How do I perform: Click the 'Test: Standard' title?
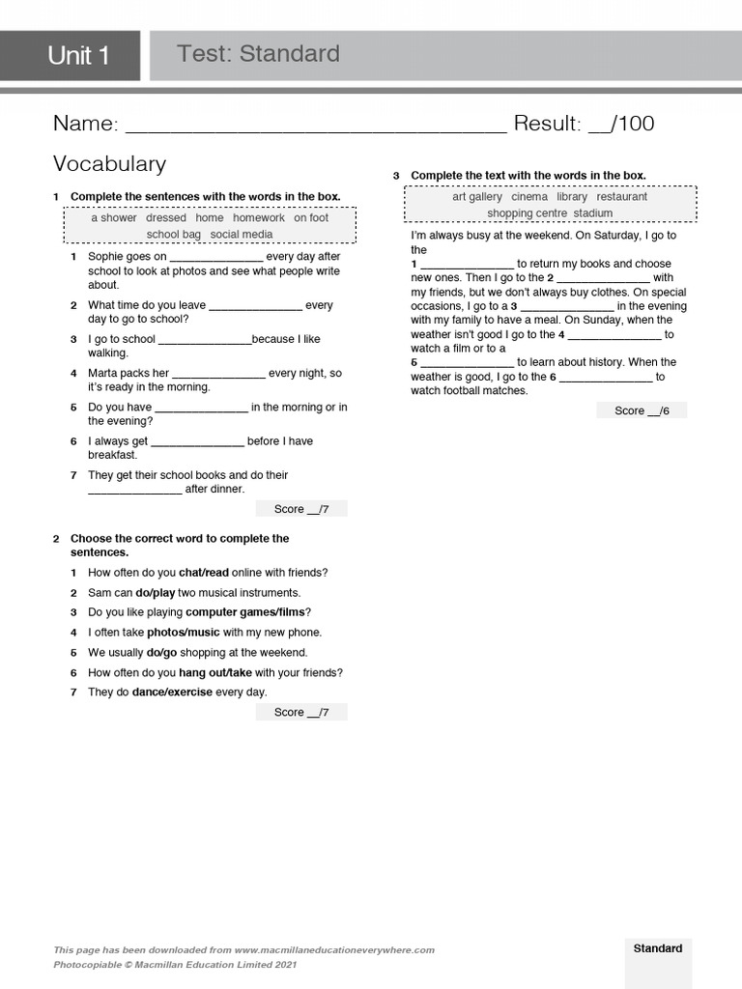coord(258,54)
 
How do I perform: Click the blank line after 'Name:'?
coord(316,125)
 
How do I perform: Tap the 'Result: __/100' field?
coord(584,124)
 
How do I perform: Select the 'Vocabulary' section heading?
coord(109,164)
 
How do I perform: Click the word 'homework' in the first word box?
coord(258,218)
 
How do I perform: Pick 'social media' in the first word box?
coord(241,235)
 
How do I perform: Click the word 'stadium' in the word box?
coord(592,213)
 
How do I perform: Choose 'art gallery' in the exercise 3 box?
coord(477,197)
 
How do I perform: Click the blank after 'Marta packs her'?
coord(218,374)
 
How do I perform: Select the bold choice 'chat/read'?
coord(204,573)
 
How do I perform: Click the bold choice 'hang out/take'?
coord(215,673)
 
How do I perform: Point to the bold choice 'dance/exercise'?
coord(172,692)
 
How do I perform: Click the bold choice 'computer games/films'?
coord(247,612)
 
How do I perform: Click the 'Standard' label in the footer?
coord(657,948)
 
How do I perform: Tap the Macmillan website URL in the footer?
coord(333,950)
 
